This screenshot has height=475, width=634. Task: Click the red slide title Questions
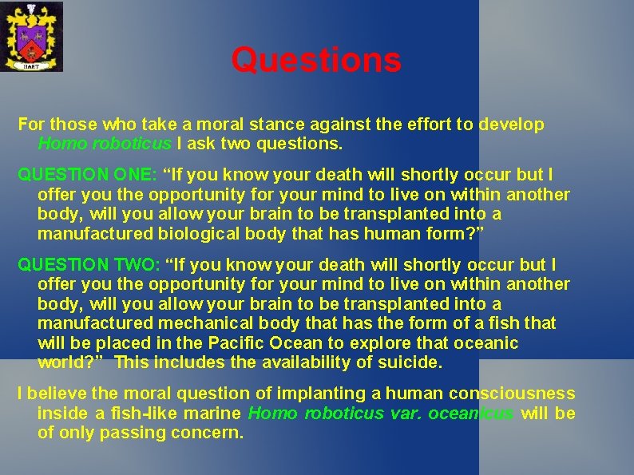[x=316, y=60]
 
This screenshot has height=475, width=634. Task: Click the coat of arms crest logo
[x=31, y=37]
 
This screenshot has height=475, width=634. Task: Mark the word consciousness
[x=512, y=394]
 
